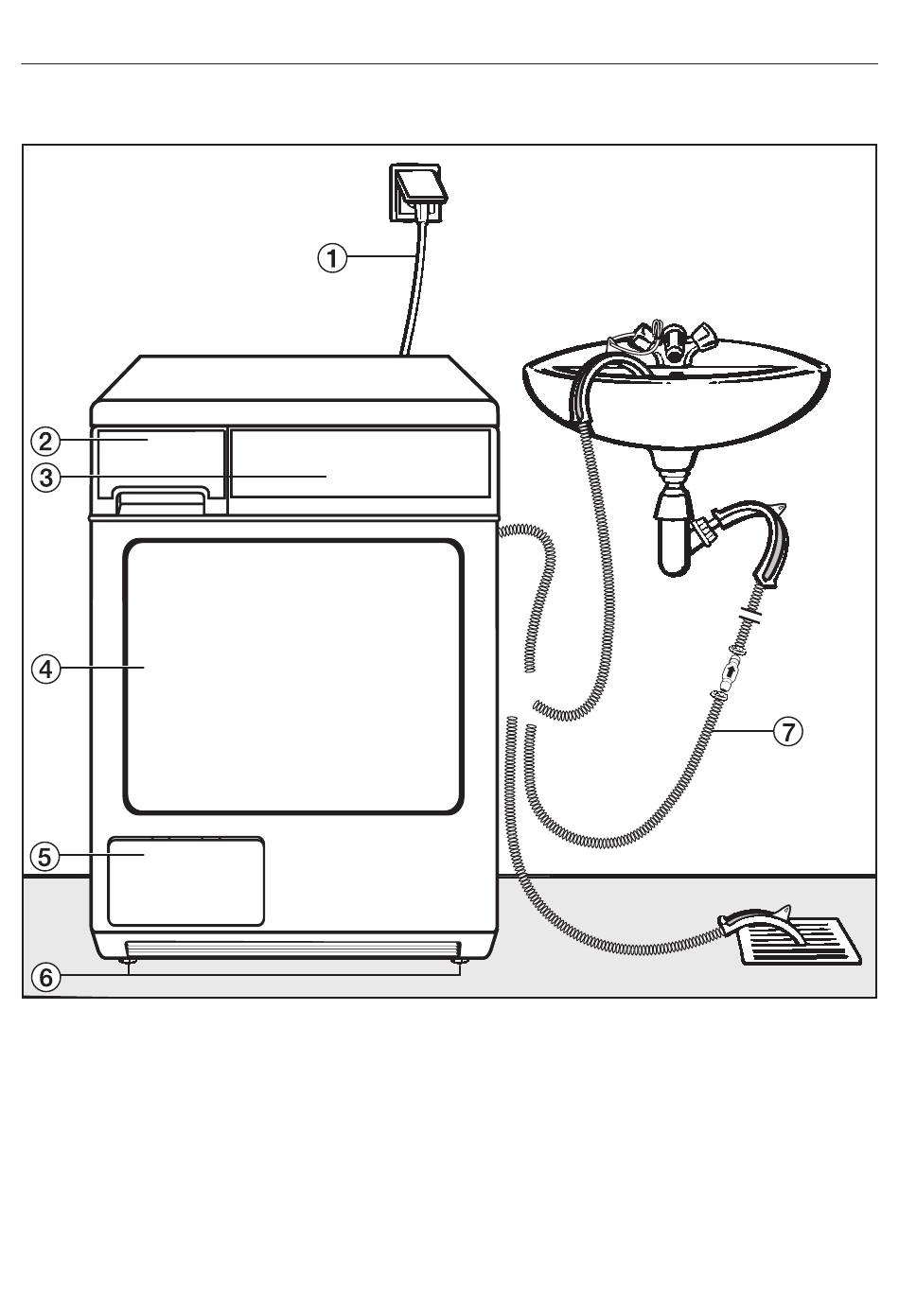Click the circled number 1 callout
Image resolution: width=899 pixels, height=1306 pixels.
[x=332, y=258]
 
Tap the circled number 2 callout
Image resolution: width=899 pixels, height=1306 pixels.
[x=46, y=442]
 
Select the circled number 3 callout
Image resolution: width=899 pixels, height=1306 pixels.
[x=46, y=479]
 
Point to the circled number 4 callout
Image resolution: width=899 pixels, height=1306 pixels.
[x=46, y=669]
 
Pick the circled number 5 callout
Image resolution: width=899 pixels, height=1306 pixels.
[x=44, y=857]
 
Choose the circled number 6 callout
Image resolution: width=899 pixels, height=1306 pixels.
[x=46, y=977]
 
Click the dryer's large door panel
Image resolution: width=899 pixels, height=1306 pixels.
[x=292, y=676]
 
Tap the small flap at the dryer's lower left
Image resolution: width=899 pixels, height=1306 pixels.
[x=186, y=881]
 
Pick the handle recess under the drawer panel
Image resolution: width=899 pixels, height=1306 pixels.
[x=162, y=500]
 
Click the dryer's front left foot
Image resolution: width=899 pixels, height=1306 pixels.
[x=125, y=961]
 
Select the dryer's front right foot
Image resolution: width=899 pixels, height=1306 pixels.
[x=460, y=961]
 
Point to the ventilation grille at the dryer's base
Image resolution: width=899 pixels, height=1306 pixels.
[x=293, y=949]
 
